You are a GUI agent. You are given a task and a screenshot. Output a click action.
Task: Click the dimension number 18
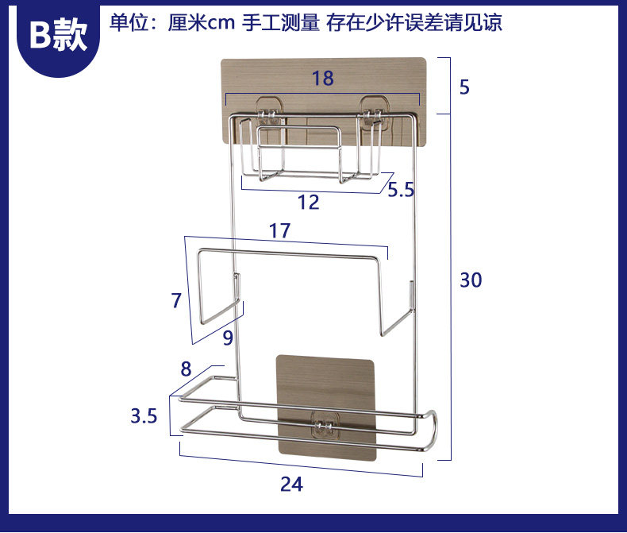pyautogui.click(x=322, y=78)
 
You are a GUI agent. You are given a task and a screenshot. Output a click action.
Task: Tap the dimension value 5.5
pyautogui.click(x=402, y=190)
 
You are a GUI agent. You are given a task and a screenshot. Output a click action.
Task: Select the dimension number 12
pyautogui.click(x=308, y=202)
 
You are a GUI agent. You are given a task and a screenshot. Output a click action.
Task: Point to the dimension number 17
pyautogui.click(x=279, y=231)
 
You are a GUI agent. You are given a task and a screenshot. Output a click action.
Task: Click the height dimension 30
pyautogui.click(x=471, y=280)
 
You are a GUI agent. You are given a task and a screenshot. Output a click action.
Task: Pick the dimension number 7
pyautogui.click(x=176, y=300)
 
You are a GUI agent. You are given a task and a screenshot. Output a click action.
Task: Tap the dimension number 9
pyautogui.click(x=228, y=338)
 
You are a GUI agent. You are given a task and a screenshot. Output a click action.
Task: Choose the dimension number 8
pyautogui.click(x=186, y=369)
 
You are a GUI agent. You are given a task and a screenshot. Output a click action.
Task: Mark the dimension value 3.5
pyautogui.click(x=144, y=415)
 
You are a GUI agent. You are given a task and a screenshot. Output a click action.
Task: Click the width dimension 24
pyautogui.click(x=291, y=484)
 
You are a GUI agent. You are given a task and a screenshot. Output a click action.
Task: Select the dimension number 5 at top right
pyautogui.click(x=464, y=87)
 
